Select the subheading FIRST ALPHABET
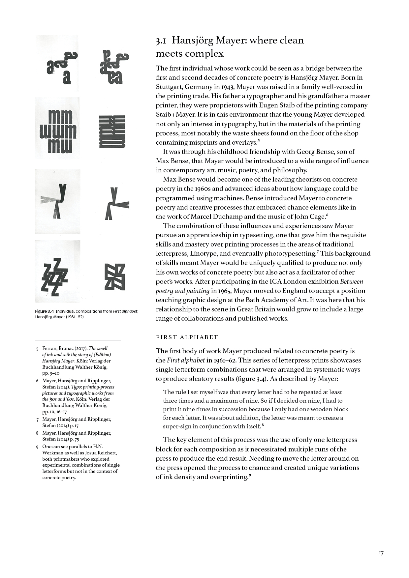click(x=187, y=337)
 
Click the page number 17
click(x=381, y=553)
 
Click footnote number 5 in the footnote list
click(x=37, y=349)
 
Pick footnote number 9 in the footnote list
click(x=37, y=447)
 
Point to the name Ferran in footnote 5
click(x=49, y=348)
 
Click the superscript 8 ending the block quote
click(x=263, y=425)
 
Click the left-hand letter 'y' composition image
click(x=57, y=201)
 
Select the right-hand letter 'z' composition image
click(x=115, y=277)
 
